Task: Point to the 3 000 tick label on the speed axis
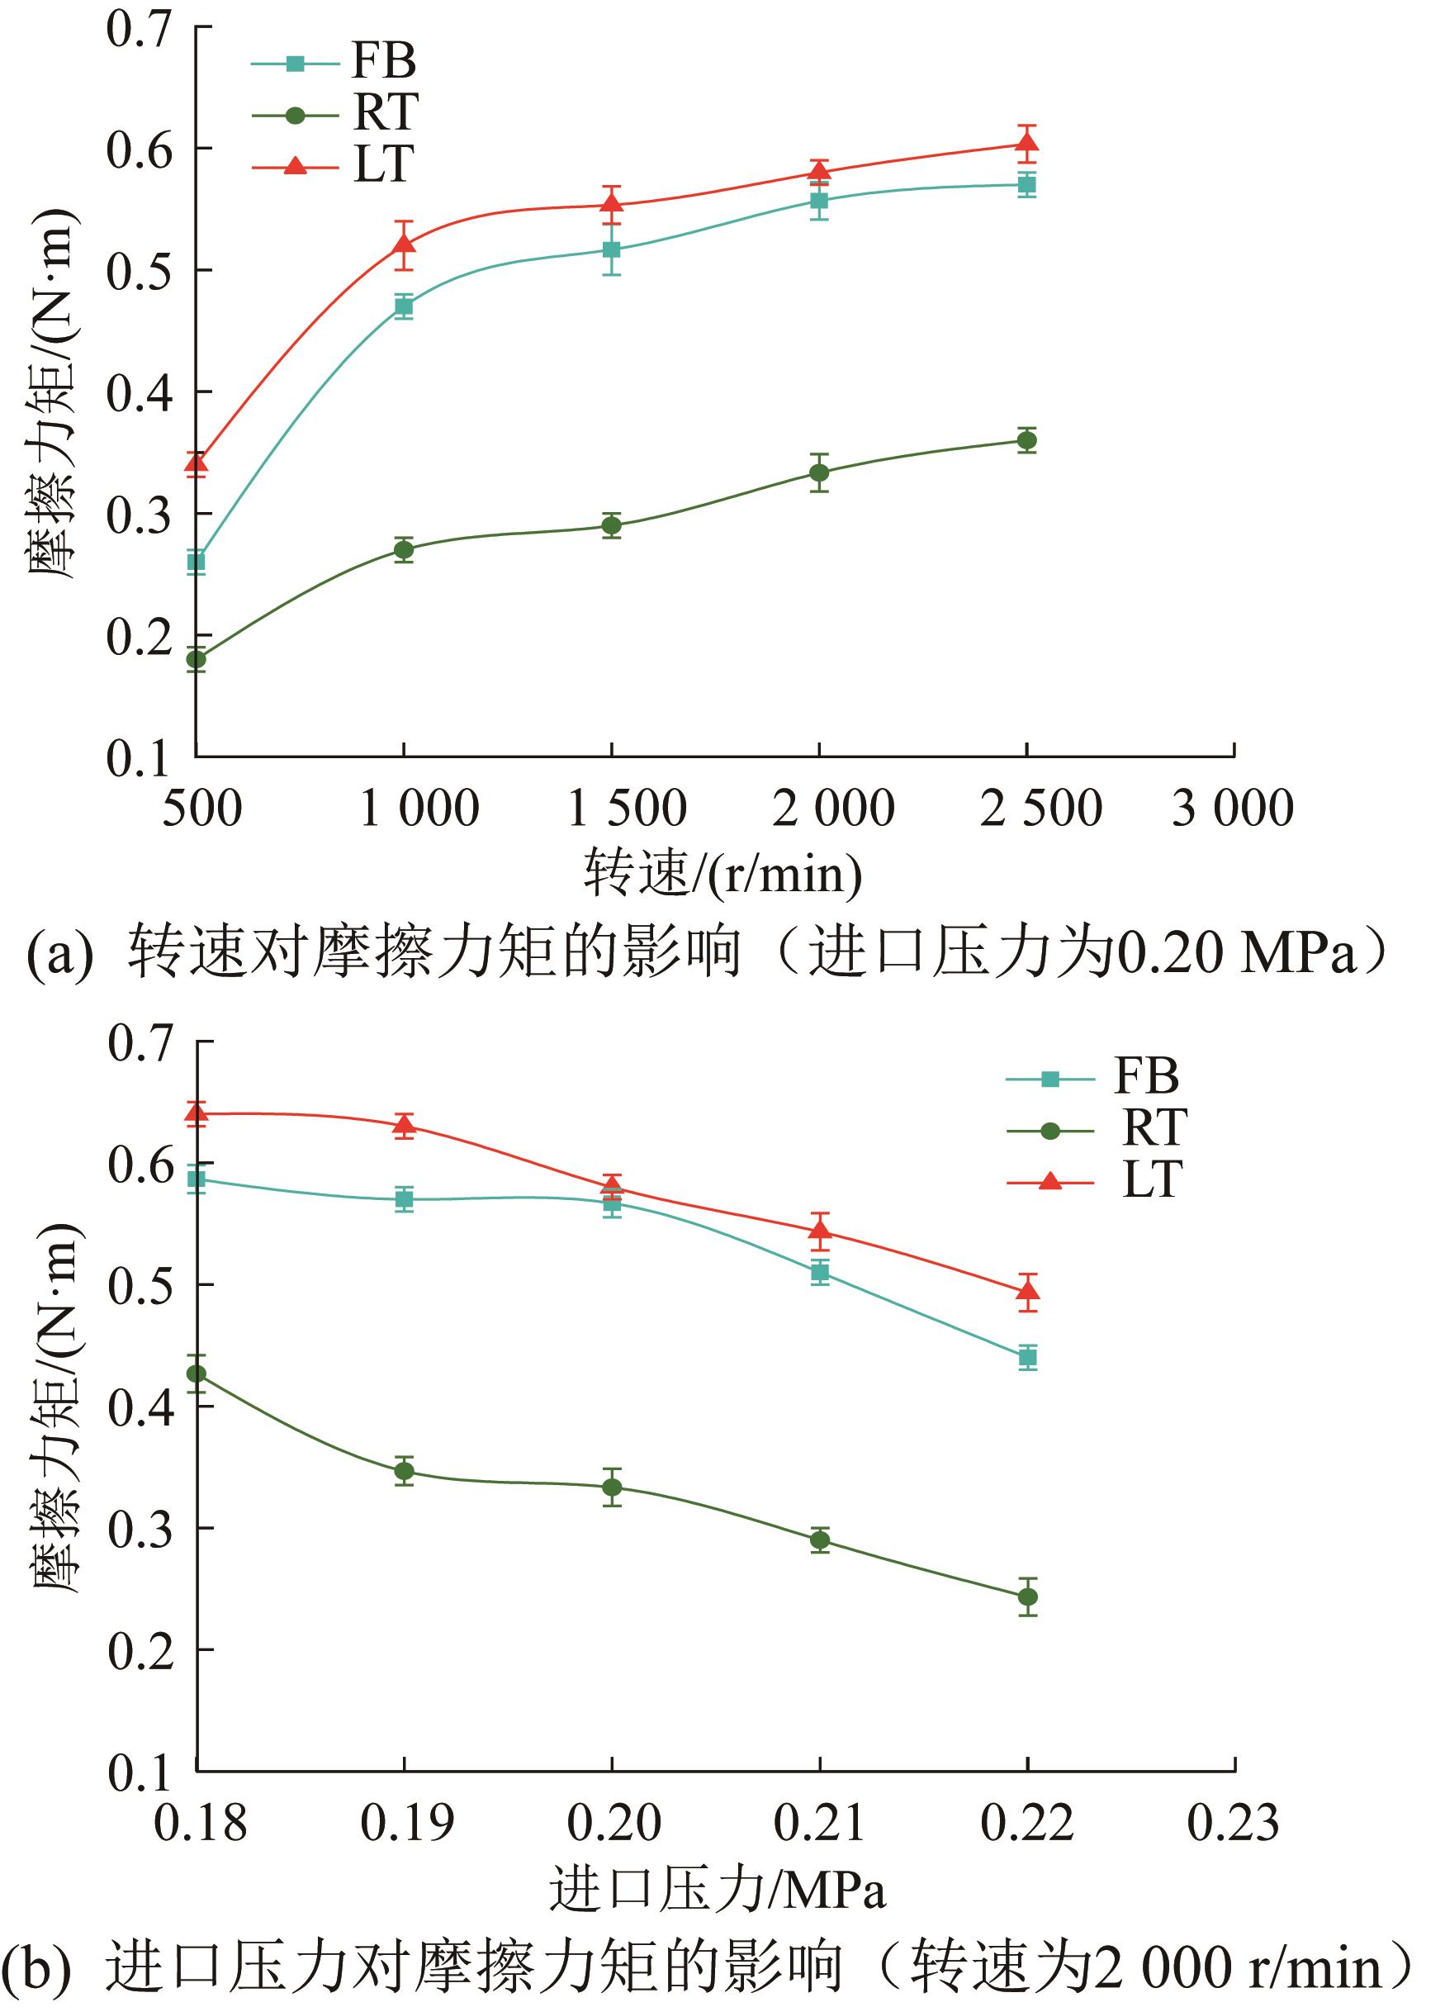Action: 1233,809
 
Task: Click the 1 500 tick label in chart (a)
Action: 627,809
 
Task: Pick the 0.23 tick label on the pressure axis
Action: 1233,1823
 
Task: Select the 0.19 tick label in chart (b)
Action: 406,1823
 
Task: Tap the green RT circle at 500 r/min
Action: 197,659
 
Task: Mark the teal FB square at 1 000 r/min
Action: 404,307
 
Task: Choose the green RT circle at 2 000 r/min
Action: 819,472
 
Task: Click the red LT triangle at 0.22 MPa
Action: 1027,1291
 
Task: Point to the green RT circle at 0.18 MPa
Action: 197,1374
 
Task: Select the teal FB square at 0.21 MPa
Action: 820,1273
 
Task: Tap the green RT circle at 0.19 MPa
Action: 405,1472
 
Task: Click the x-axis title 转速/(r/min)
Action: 722,875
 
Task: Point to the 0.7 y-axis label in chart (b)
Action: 139,1043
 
